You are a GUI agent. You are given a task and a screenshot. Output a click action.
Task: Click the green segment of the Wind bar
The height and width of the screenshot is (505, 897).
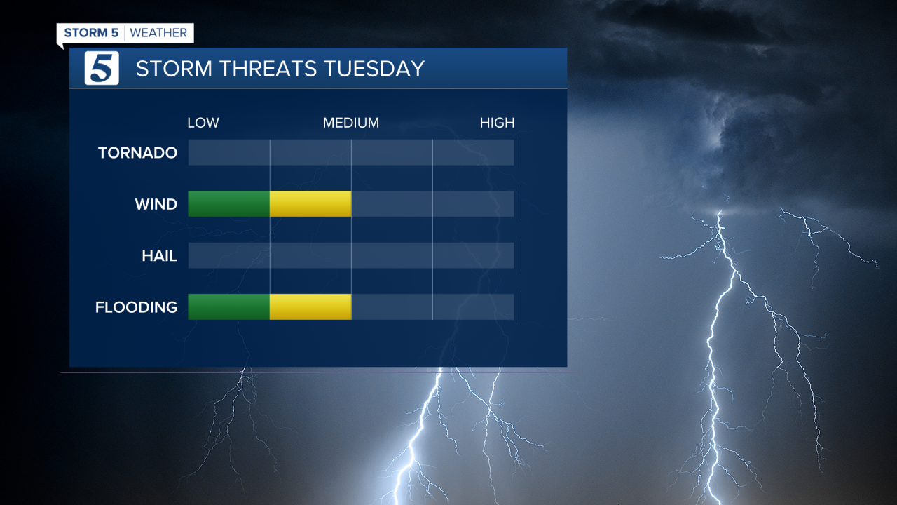tap(228, 203)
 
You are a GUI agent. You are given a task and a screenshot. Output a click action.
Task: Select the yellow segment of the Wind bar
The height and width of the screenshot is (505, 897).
tap(310, 203)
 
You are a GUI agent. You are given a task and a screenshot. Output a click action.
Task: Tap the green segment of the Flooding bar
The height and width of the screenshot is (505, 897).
tap(228, 307)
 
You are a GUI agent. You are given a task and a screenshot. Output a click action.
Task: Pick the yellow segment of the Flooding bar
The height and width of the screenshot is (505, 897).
tap(310, 307)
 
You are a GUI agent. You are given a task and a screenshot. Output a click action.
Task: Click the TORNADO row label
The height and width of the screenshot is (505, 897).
tap(137, 153)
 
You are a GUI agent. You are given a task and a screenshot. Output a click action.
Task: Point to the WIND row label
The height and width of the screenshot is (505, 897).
tap(156, 205)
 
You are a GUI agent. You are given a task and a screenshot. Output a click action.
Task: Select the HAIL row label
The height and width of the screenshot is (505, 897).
tap(159, 256)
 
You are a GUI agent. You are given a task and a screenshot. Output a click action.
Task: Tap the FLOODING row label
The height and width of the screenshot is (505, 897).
tap(136, 307)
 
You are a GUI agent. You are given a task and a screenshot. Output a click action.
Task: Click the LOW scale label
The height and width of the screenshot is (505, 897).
tap(203, 123)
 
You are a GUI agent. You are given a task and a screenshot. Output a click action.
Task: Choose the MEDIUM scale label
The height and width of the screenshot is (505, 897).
tap(350, 123)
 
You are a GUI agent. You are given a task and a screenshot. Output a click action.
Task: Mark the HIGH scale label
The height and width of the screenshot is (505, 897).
tap(497, 123)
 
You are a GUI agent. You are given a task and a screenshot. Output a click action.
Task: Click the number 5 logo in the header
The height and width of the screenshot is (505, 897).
tap(102, 68)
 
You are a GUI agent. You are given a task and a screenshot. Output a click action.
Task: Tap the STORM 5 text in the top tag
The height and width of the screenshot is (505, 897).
tap(91, 33)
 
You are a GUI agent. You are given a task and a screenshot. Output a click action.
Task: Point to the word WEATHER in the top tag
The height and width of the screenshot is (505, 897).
tap(158, 33)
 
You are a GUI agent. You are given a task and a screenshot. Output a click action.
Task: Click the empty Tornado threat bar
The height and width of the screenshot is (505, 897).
tap(350, 152)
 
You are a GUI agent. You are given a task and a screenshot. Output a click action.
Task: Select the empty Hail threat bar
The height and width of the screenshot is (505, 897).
tap(350, 255)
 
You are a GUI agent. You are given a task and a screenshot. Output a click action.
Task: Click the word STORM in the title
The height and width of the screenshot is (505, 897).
tap(174, 69)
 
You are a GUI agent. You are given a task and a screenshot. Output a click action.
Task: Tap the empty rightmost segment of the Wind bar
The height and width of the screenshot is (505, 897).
tap(473, 203)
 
